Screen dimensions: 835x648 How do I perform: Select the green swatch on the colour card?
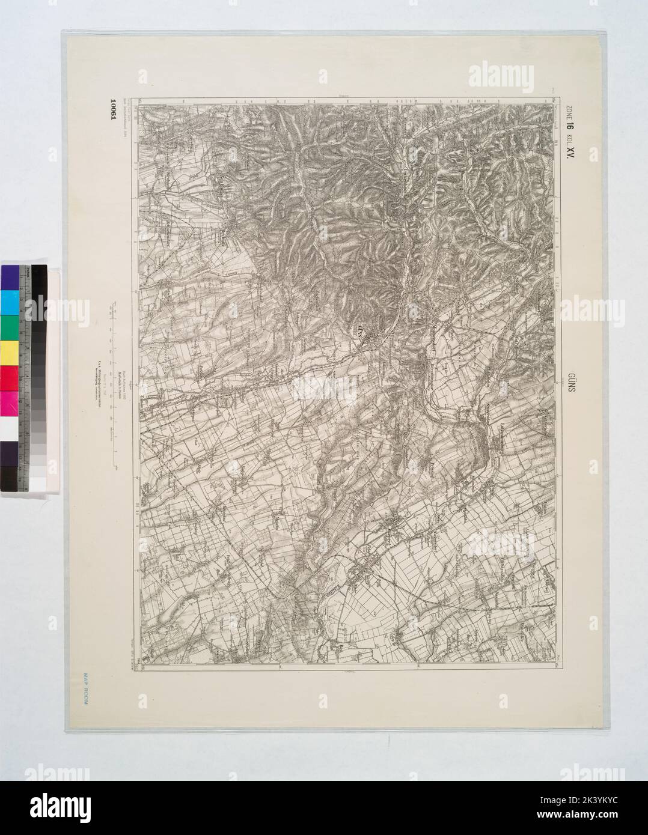10,328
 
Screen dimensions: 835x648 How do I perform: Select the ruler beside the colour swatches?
27,378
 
